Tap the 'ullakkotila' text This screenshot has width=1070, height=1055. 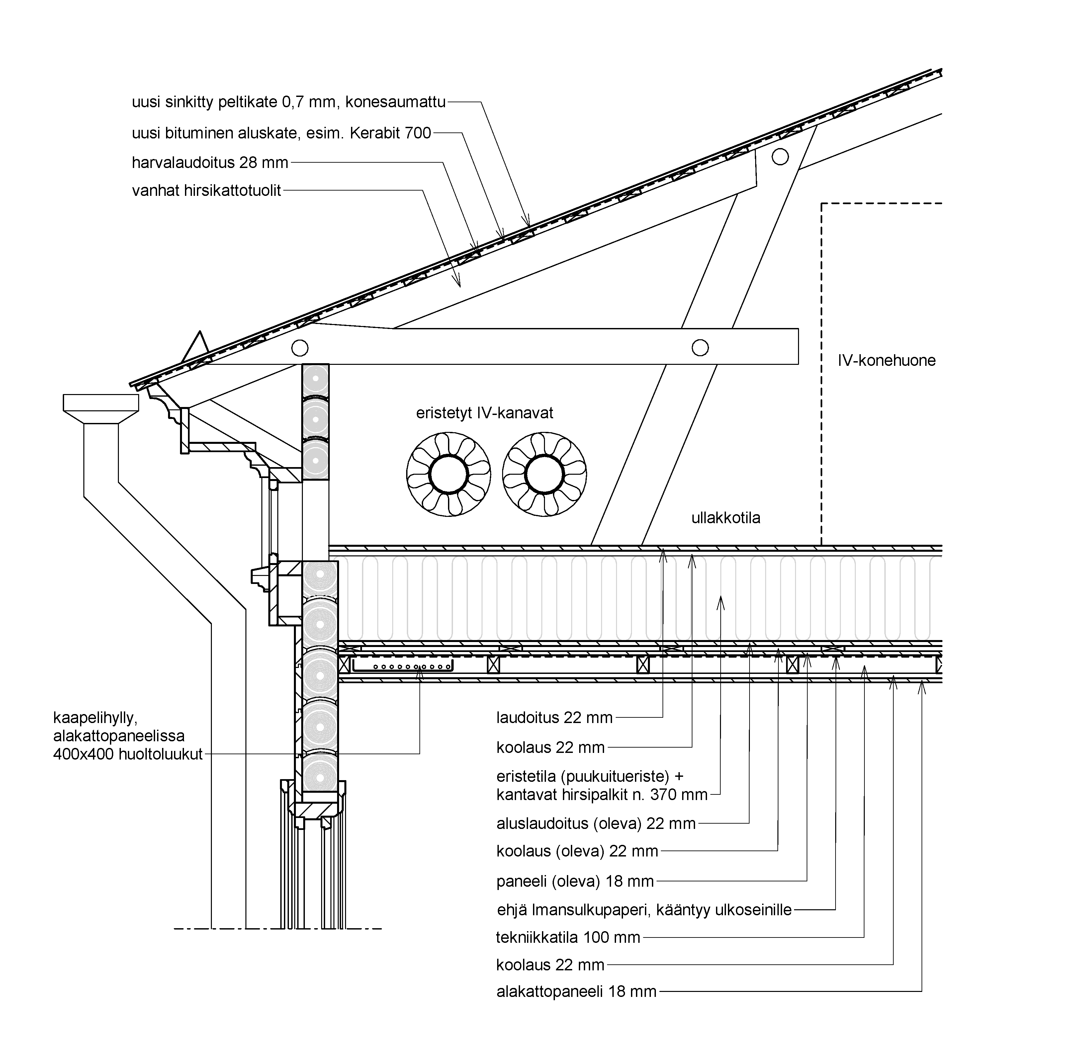click(x=726, y=518)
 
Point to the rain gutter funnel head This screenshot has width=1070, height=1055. click(x=101, y=409)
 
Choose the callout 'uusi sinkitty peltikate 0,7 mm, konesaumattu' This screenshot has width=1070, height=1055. click(x=289, y=102)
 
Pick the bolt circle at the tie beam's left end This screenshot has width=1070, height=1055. click(x=300, y=348)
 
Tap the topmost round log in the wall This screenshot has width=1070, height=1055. click(x=315, y=380)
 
